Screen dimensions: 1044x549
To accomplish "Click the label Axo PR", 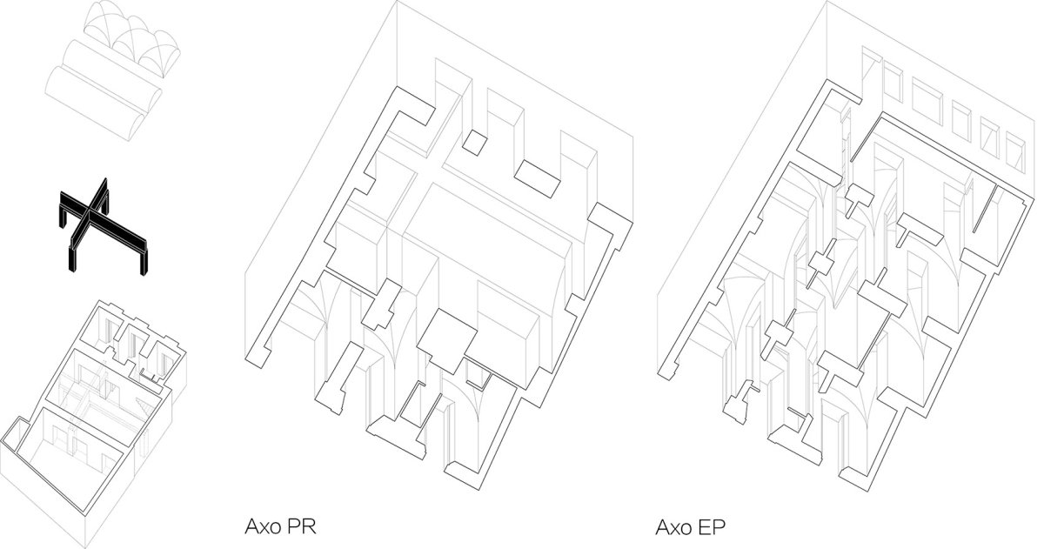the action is pos(280,526).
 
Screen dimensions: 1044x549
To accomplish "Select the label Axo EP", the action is pos(690,527).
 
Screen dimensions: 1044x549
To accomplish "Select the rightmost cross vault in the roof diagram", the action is pos(160,54).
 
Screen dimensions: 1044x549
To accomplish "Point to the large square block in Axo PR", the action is pos(446,341).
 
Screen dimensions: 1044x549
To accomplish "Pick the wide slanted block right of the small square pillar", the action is pos(538,178).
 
